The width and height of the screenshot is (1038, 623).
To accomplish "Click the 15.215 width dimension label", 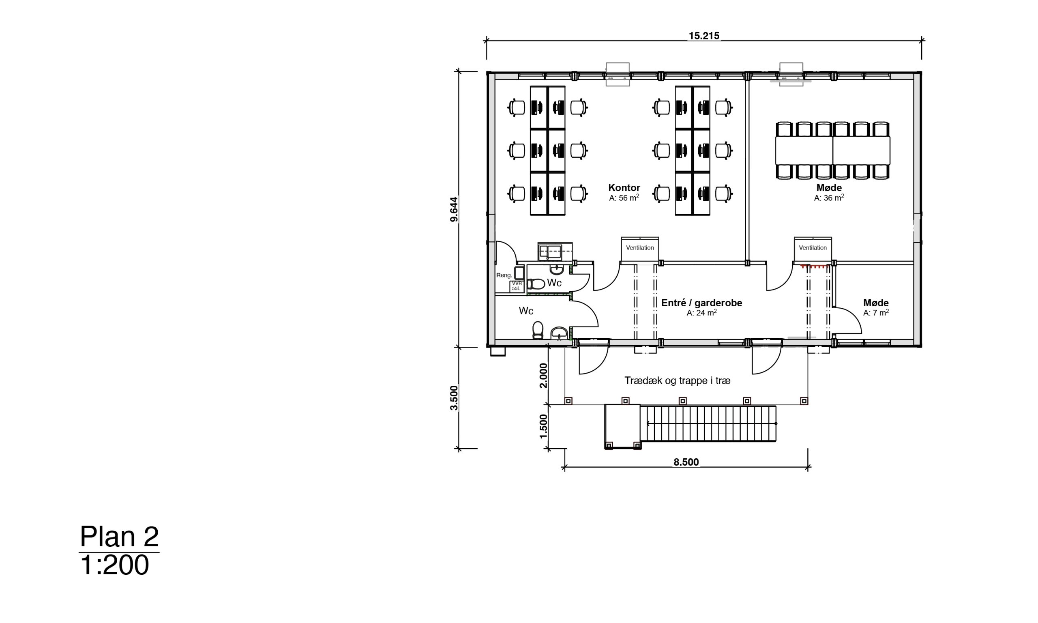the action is [704, 36].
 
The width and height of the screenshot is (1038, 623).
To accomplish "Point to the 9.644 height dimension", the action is [454, 209].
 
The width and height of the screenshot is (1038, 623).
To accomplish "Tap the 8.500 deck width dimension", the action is [686, 462].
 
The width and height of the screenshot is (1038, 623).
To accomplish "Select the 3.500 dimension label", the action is [454, 397].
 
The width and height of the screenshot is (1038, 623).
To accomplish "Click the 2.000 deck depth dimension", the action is [543, 376].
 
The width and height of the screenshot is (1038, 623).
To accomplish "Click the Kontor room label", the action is [624, 188].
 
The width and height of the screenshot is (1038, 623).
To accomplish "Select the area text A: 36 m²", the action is [829, 198].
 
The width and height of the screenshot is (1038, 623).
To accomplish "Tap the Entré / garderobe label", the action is [701, 303].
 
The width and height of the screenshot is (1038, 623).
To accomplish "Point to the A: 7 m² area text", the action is [876, 313].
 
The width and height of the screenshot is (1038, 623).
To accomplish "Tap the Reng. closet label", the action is [504, 275].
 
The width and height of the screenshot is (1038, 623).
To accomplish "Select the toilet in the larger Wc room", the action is [538, 330].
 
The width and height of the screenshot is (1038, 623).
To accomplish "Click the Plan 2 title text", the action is [119, 537].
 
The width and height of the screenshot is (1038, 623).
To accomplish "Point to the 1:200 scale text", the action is [114, 565].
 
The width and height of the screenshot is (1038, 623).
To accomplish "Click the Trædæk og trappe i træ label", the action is [678, 380].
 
